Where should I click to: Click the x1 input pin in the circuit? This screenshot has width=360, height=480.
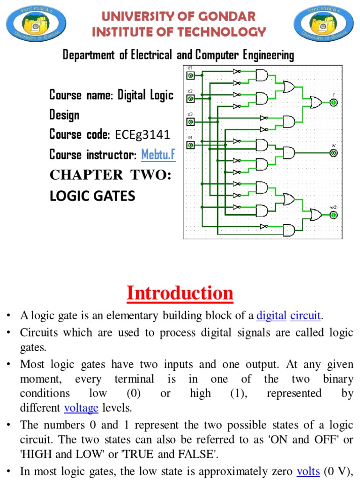190,75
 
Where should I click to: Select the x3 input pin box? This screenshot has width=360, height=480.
190,122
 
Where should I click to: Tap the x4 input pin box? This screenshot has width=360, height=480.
190,145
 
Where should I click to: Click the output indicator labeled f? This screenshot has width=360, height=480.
333,103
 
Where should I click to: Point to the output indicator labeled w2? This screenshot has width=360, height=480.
333,215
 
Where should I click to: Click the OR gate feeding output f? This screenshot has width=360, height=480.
313,103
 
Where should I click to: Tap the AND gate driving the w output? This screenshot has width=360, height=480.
288,153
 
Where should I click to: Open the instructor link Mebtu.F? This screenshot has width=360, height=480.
158,155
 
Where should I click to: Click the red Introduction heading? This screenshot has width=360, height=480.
180,293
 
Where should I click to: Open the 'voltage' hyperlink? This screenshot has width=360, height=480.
81,408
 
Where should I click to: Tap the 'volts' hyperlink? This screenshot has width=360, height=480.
308,472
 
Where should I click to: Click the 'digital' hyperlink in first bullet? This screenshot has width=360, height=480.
271,316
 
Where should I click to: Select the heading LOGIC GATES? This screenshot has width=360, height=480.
92,195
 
